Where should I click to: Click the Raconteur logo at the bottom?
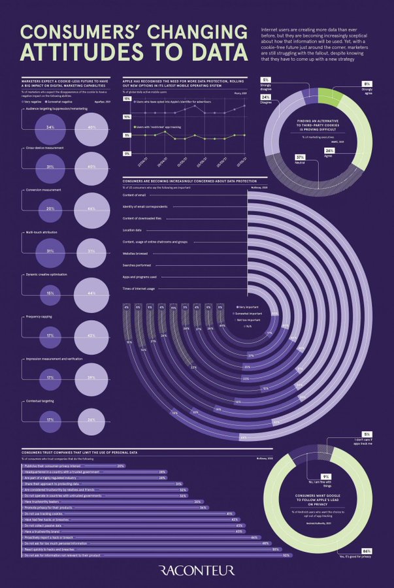tap(197, 570)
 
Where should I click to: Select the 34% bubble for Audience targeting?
tap(50, 127)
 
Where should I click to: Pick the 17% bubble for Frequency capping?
tap(50, 335)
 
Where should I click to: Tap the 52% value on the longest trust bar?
tap(286, 555)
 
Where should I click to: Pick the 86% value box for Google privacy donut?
tap(367, 551)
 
